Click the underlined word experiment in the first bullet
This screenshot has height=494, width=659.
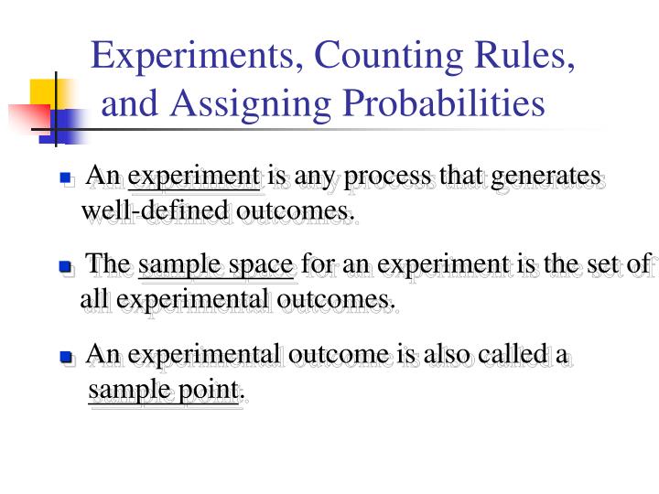[195, 176]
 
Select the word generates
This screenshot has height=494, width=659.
[546, 176]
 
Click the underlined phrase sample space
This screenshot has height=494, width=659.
[216, 265]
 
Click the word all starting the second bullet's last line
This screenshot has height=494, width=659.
[95, 299]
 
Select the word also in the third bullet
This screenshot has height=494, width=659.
[449, 354]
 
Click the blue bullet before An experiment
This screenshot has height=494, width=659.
[66, 177]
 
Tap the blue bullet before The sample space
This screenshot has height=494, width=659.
[65, 267]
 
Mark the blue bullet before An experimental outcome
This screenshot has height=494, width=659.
[66, 357]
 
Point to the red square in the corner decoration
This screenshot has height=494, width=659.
[27, 119]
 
